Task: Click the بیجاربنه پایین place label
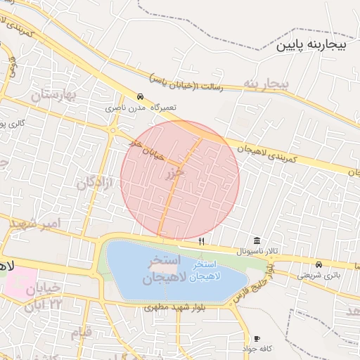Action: pos(312,46)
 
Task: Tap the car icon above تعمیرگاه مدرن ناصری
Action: pos(140,97)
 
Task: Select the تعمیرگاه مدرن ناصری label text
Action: pos(141,108)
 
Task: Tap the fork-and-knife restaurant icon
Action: pos(202,241)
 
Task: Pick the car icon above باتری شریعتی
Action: pos(319,265)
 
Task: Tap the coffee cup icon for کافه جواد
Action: pos(257,339)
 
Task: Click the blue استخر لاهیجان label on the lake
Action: pos(199,271)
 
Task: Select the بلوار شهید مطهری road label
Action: pos(172,307)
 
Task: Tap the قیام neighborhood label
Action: pos(81,333)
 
